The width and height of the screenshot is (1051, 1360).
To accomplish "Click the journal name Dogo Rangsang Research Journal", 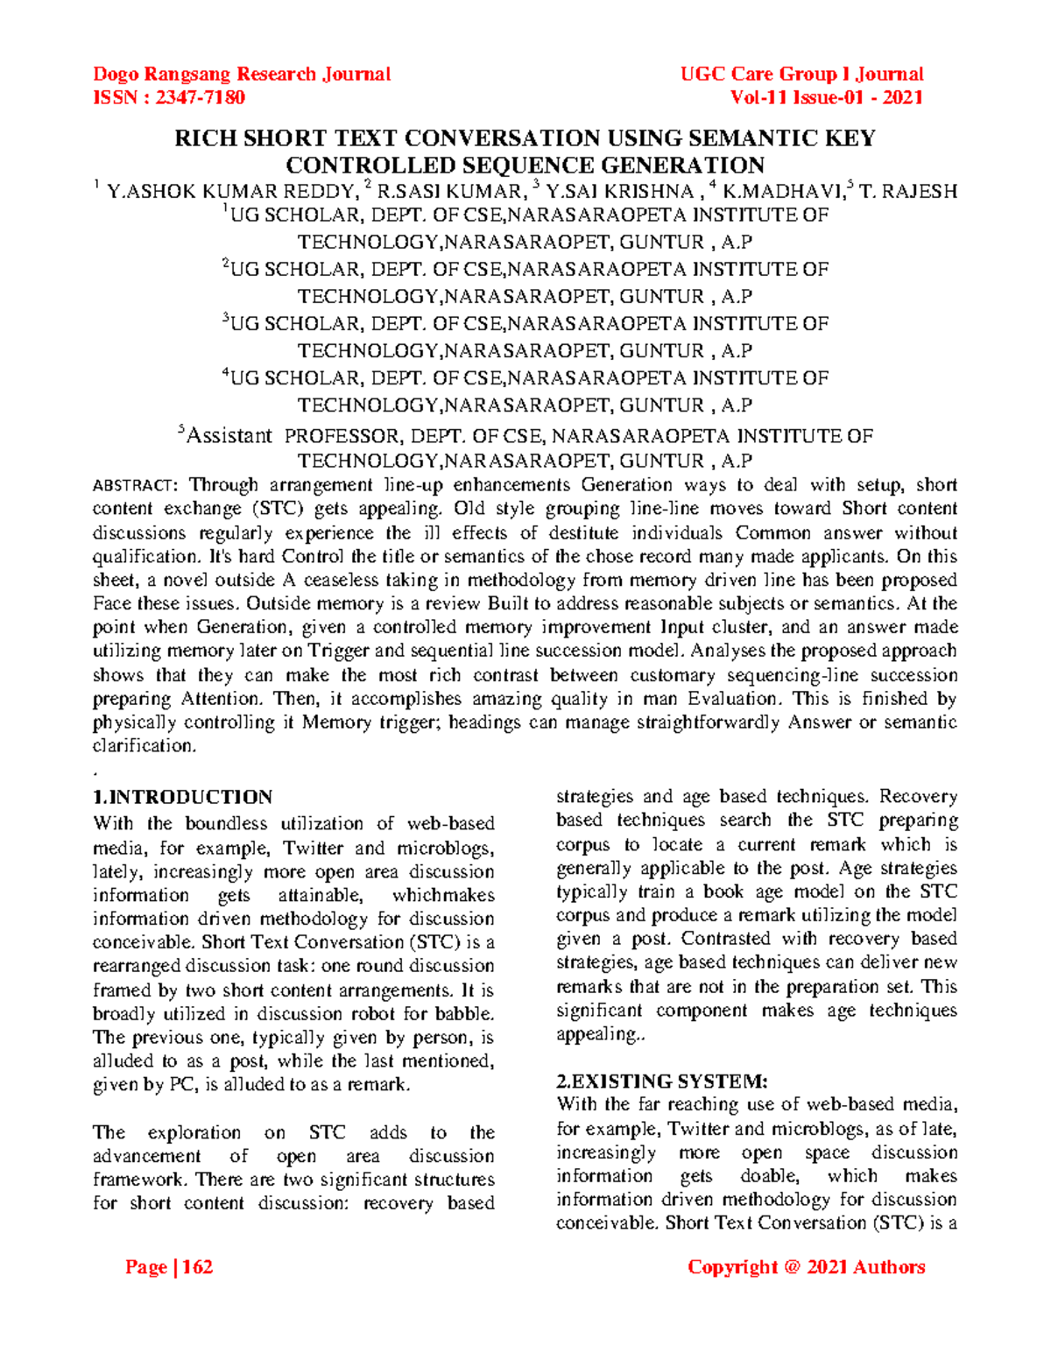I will pyautogui.click(x=242, y=74).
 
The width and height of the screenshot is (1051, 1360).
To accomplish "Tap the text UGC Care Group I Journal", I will pyautogui.click(x=801, y=74).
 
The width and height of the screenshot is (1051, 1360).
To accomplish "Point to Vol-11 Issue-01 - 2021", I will pyautogui.click(x=826, y=98).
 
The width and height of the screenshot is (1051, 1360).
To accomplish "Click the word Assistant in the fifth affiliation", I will pyautogui.click(x=230, y=436).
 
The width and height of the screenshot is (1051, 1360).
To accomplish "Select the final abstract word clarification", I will pyautogui.click(x=145, y=746).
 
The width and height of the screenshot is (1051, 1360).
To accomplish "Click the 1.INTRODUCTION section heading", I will pyautogui.click(x=182, y=797).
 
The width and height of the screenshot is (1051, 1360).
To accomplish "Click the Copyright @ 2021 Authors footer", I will pyautogui.click(x=806, y=1267).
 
